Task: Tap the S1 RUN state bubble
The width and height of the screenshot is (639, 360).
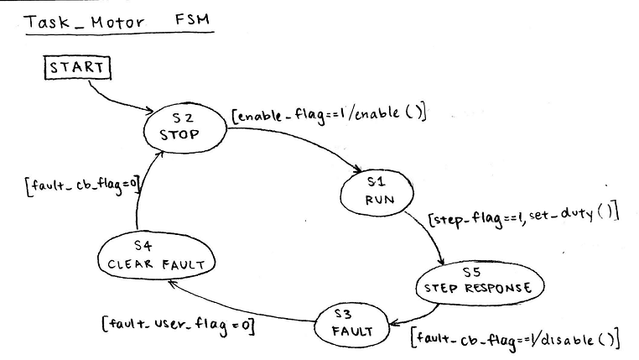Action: [373, 193]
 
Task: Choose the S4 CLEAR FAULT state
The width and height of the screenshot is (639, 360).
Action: [157, 255]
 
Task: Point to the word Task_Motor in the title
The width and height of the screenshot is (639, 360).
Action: [82, 20]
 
